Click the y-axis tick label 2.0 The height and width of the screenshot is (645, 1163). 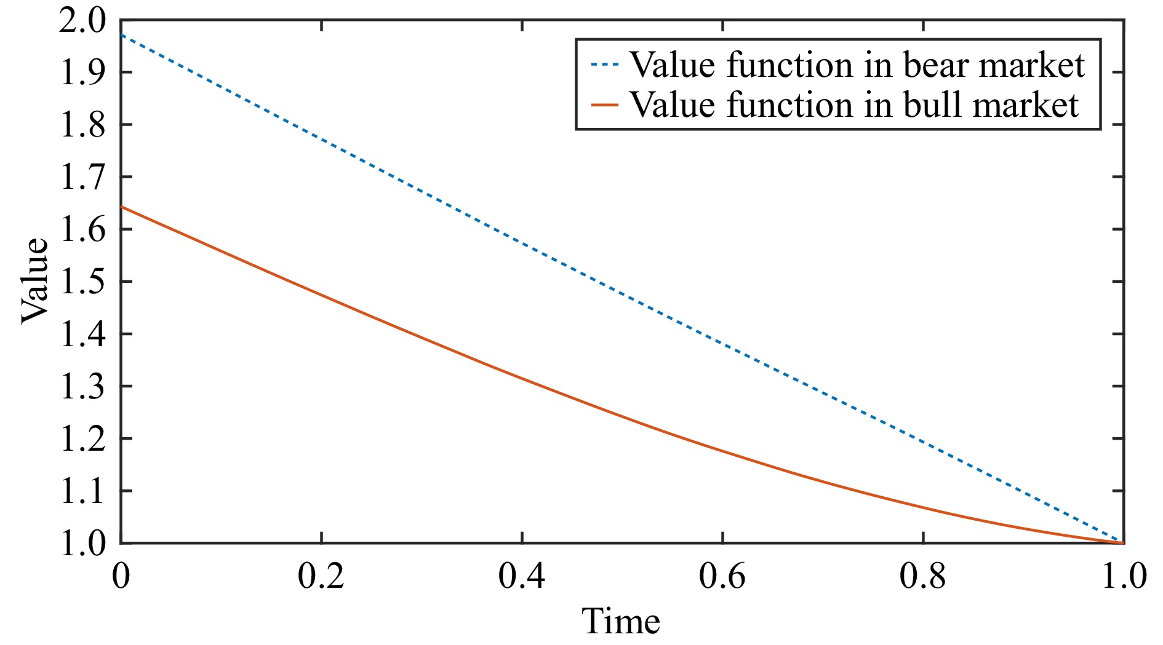(x=82, y=23)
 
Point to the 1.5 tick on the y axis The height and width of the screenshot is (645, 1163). (x=82, y=282)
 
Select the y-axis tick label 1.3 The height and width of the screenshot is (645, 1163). (x=82, y=387)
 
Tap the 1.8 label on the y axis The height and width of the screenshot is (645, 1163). (x=82, y=125)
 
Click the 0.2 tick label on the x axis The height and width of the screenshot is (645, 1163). (x=321, y=577)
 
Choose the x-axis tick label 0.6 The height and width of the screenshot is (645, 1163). (x=722, y=577)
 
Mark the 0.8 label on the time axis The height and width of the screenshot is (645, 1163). (x=922, y=577)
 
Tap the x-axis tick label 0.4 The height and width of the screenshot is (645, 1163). (x=521, y=577)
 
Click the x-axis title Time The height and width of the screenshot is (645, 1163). (x=620, y=621)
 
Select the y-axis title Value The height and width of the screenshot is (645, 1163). (x=34, y=280)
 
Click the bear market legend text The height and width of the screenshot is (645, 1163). (x=857, y=65)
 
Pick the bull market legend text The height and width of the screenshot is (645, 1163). (x=853, y=105)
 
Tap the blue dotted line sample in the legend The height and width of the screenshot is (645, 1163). (x=604, y=65)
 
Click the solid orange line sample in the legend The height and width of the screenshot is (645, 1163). (x=604, y=105)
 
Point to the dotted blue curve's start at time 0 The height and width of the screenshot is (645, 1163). (x=122, y=35)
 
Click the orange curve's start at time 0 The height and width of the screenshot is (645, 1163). (x=122, y=207)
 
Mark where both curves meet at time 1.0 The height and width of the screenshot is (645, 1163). (x=1122, y=542)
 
